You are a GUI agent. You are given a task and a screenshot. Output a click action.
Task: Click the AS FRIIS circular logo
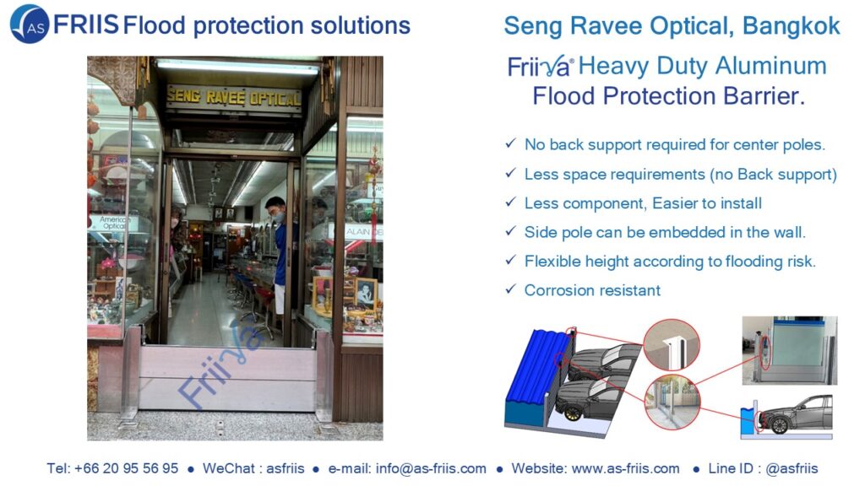(30, 24)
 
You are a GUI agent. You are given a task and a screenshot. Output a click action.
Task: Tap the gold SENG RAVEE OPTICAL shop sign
(234, 98)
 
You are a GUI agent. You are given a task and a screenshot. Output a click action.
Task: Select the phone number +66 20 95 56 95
(126, 468)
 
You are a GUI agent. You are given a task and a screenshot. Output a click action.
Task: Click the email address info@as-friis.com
(431, 468)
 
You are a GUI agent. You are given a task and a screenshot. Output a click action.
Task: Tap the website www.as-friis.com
(626, 468)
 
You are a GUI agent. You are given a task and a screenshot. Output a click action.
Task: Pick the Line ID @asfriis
(792, 468)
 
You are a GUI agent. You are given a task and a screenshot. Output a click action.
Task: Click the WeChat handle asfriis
(286, 468)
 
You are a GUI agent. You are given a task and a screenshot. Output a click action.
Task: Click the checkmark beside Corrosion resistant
(510, 289)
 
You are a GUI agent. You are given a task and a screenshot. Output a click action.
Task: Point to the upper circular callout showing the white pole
(672, 345)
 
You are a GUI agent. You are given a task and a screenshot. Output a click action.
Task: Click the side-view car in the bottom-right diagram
(796, 413)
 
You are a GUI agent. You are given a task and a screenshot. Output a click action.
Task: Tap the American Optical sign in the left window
(112, 223)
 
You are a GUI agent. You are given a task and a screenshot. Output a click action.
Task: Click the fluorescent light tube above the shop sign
(237, 66)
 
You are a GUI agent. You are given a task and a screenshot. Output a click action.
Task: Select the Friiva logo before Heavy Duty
(540, 67)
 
